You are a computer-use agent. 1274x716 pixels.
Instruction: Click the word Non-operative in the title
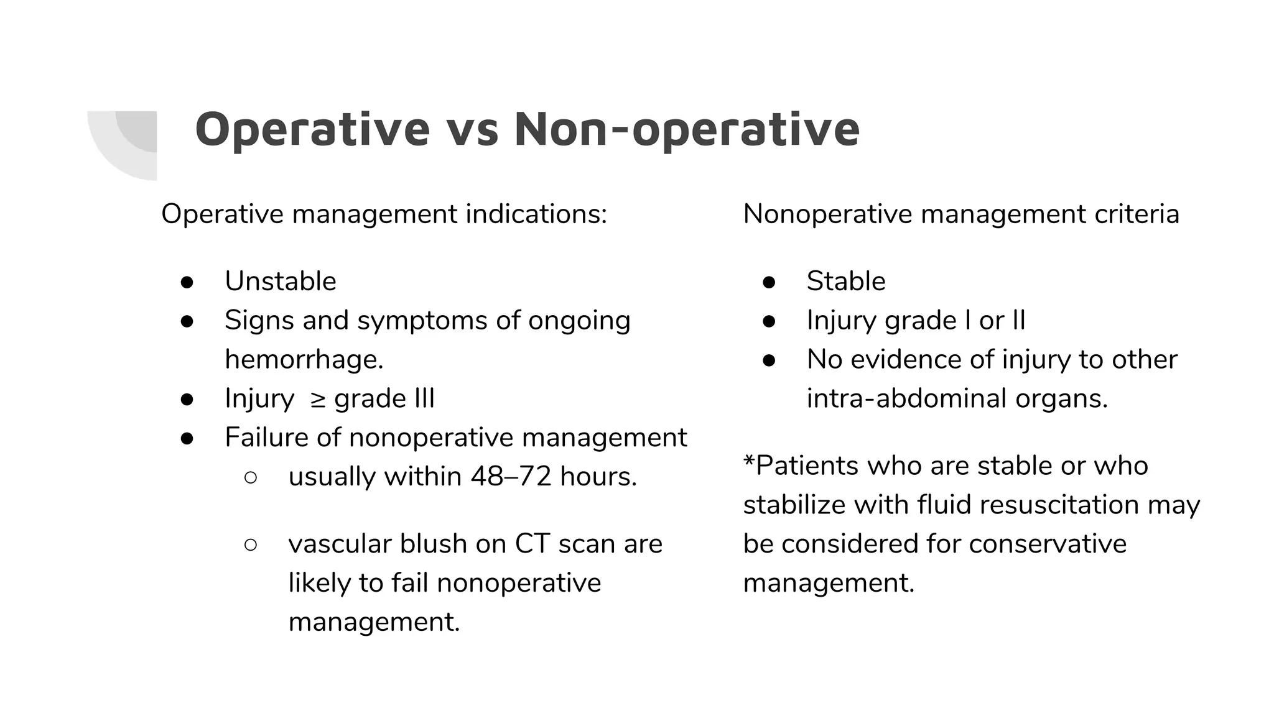tap(687, 129)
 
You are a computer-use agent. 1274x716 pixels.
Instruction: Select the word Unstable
tap(281, 282)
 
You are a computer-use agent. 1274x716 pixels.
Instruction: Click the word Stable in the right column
tap(846, 282)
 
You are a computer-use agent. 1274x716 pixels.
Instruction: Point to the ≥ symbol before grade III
tap(317, 400)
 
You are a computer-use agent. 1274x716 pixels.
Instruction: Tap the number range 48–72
tap(511, 477)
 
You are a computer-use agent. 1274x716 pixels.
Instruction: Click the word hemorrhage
tap(304, 360)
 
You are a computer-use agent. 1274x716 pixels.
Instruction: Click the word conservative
tap(1048, 544)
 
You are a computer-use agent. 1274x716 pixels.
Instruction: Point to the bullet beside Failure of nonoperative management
tap(187, 438)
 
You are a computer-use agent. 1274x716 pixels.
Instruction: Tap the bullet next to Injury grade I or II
tap(769, 321)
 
